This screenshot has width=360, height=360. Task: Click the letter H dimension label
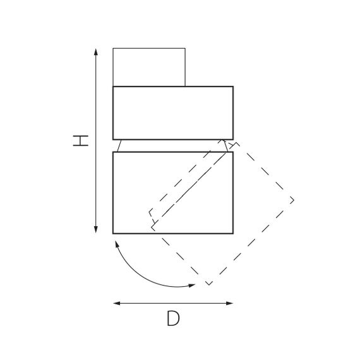(x=80, y=140)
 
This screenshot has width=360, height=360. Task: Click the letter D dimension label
(x=173, y=319)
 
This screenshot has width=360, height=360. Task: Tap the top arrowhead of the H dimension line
(x=95, y=51)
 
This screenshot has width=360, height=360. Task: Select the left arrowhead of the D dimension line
(x=116, y=303)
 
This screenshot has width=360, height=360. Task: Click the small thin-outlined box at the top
(x=149, y=66)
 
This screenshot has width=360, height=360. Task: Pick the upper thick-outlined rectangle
(x=172, y=112)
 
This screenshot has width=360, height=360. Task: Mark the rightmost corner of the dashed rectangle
(x=294, y=201)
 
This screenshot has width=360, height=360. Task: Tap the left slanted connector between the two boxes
(x=118, y=146)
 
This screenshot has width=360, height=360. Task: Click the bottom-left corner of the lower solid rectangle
(x=114, y=233)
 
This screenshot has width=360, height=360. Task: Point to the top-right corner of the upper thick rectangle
(x=232, y=87)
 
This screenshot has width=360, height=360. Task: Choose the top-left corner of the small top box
(x=114, y=49)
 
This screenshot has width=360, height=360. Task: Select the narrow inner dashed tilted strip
(x=188, y=183)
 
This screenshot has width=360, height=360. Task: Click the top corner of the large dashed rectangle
(x=236, y=143)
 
